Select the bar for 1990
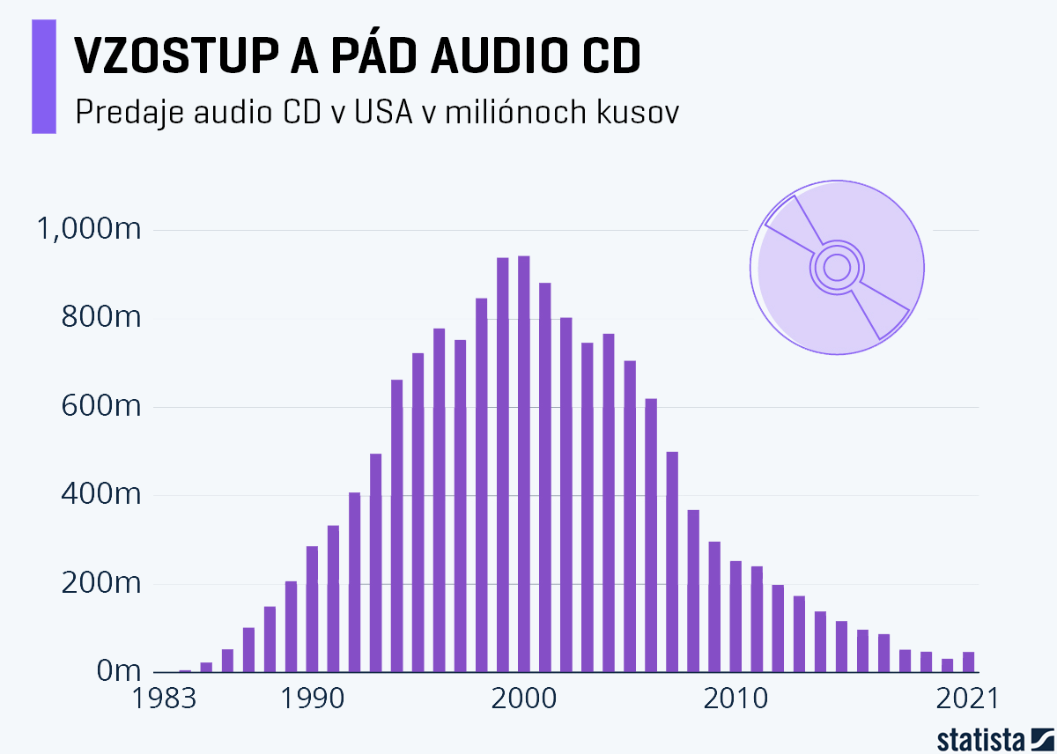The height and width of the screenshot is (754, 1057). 312,609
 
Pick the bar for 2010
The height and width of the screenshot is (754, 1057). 735,616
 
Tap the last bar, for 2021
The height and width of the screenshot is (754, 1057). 968,662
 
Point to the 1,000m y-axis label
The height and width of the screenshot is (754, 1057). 87,231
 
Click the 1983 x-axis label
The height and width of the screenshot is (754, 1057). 167,699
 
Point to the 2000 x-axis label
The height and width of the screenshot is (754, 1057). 524,699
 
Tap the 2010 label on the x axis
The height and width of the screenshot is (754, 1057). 736,699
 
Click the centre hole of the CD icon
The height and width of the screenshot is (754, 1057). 837,266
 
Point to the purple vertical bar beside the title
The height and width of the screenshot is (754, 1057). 44,77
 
